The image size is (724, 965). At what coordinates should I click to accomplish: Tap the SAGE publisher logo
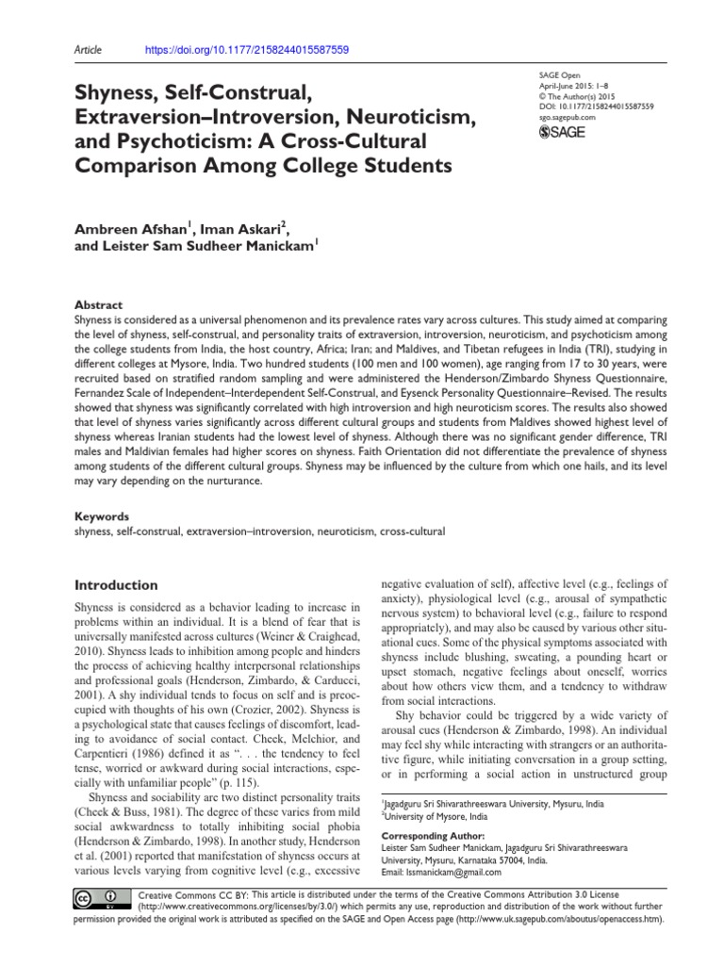click(x=561, y=132)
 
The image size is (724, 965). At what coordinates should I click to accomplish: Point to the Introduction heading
click(x=116, y=584)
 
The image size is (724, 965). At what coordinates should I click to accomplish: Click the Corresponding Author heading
click(x=432, y=836)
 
